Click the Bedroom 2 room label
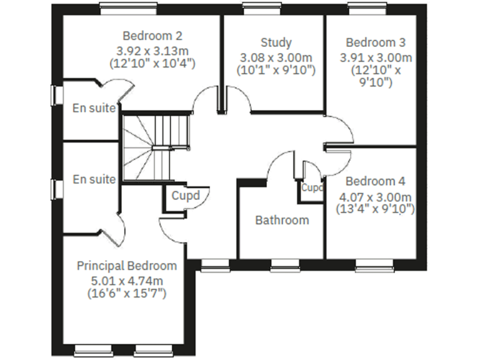[152, 35]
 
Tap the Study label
[276, 42]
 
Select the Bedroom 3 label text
[375, 42]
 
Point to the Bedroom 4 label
[375, 182]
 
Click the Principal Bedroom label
[127, 266]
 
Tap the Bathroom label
[282, 220]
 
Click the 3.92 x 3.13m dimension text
[152, 49]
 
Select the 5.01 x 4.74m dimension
[127, 279]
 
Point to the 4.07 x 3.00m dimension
[376, 196]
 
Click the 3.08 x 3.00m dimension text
[276, 57]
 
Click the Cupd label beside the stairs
[186, 196]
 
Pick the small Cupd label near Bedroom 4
[312, 187]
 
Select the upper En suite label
[94, 107]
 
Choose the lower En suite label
[94, 179]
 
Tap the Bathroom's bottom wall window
[285, 269]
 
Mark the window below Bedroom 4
[374, 269]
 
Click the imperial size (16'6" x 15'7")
[127, 293]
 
